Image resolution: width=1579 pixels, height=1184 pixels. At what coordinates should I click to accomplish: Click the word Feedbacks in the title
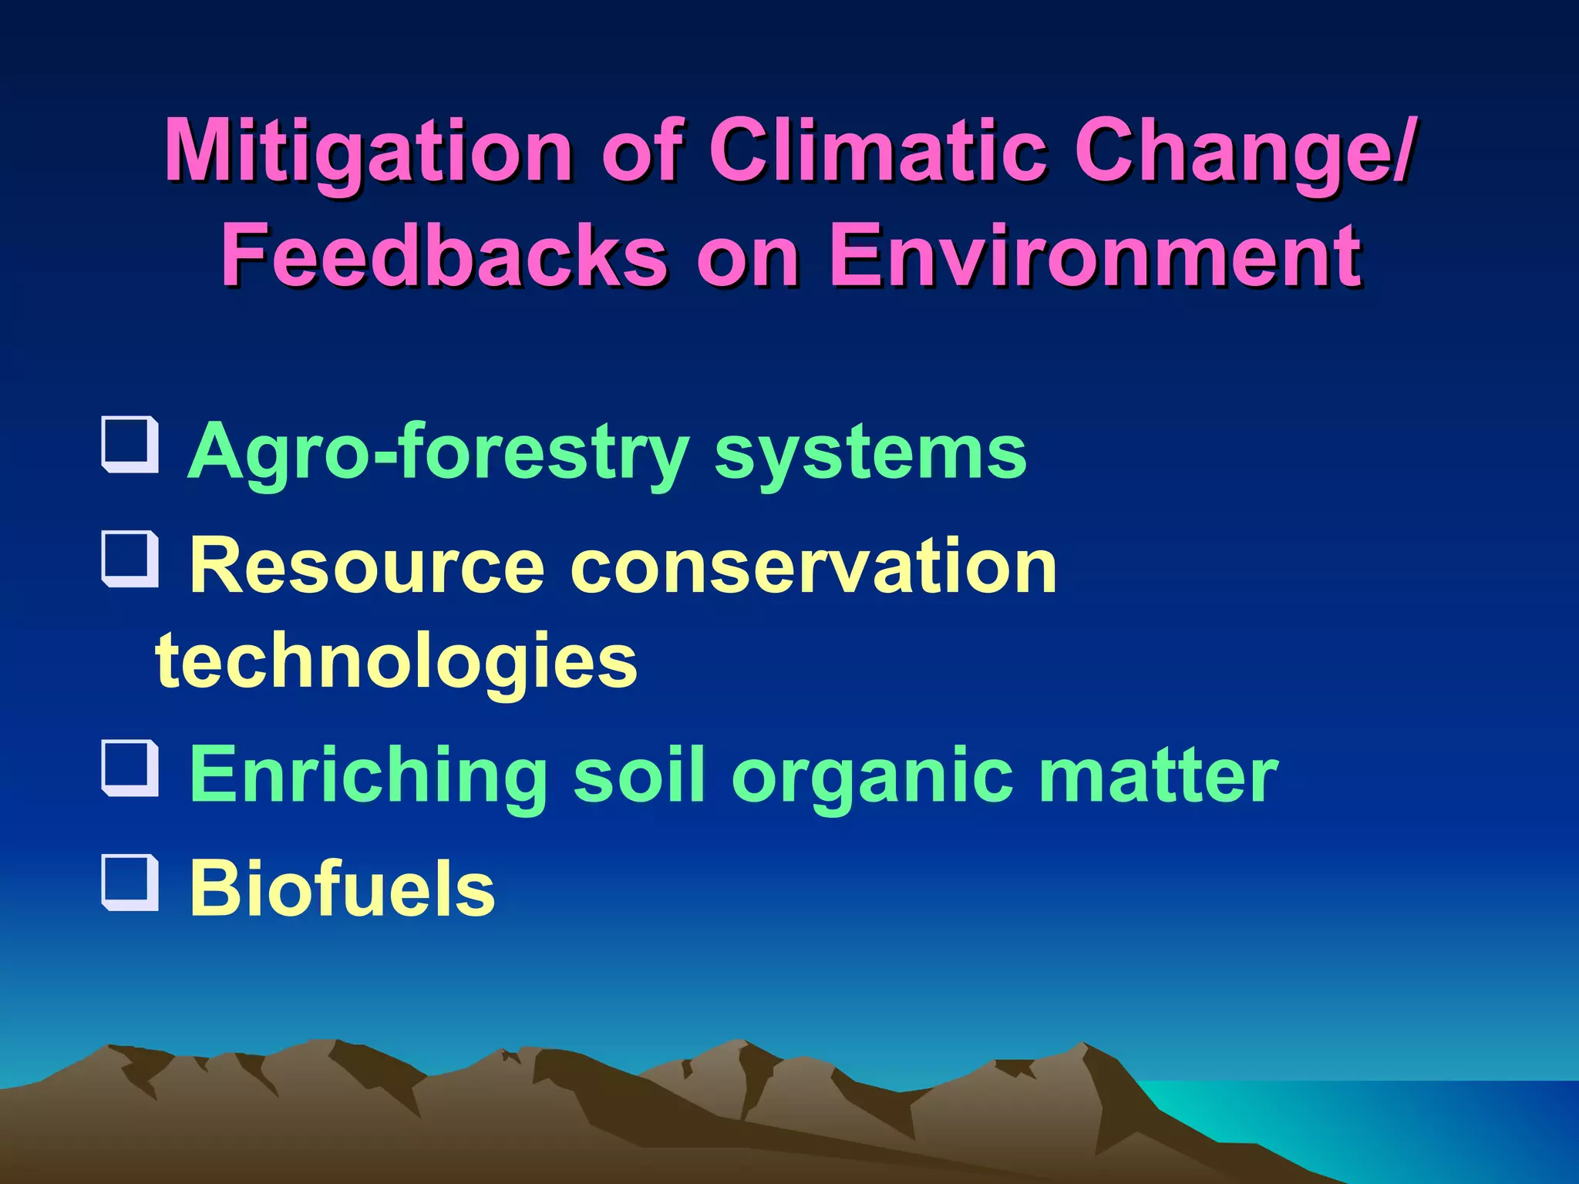point(443,254)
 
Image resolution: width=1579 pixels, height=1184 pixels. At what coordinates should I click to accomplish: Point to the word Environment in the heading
point(1095,254)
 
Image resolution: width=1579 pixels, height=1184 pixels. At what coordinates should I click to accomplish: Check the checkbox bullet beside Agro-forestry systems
point(130,445)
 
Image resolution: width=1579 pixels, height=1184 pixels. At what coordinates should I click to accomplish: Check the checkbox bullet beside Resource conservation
point(130,559)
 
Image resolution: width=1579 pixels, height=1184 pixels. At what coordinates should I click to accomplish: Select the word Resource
point(367,567)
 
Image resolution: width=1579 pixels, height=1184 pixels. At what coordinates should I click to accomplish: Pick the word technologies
point(396,661)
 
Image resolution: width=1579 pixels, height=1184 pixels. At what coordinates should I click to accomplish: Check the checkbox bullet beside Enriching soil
point(130,768)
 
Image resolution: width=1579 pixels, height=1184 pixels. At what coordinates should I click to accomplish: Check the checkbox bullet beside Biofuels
point(130,883)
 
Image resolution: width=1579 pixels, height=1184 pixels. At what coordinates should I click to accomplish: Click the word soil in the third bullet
point(639,775)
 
